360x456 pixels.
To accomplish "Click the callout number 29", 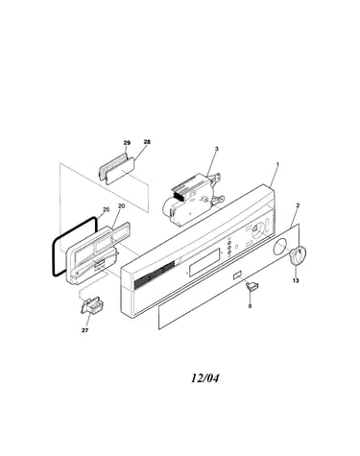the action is [x=127, y=143].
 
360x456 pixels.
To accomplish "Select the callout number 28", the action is [x=147, y=142].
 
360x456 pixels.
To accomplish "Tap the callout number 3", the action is [x=217, y=149].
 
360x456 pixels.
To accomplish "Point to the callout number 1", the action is [x=277, y=164].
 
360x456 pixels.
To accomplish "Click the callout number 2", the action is [x=298, y=204].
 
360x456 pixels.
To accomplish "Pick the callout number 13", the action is [x=296, y=280].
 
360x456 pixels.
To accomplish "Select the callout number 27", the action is [x=84, y=330].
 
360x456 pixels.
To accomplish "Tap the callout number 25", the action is [x=106, y=209].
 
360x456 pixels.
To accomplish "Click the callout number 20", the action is [x=121, y=206].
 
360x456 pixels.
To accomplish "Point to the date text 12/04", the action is [x=205, y=378].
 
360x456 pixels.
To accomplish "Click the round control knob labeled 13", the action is [x=299, y=256].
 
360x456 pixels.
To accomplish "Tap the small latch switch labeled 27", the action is [x=91, y=305].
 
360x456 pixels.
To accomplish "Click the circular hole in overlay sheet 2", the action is [x=280, y=247].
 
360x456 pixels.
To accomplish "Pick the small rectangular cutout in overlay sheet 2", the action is [x=237, y=275].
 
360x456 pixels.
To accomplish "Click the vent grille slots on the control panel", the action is [x=155, y=274].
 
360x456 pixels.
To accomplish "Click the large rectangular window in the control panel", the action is [x=204, y=262].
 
